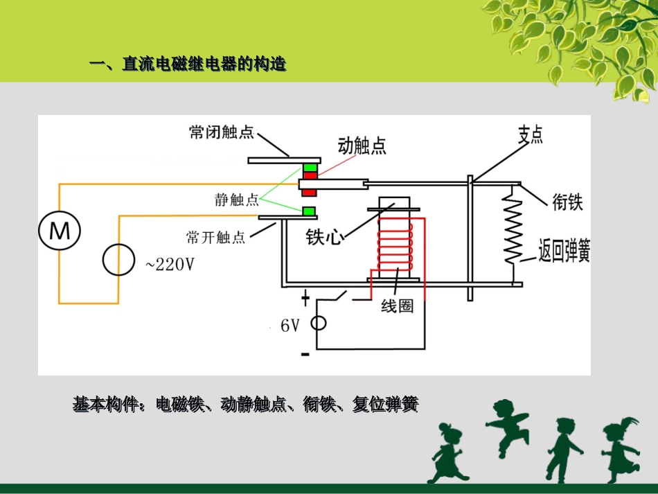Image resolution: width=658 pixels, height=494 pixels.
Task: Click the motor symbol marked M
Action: (x=60, y=230)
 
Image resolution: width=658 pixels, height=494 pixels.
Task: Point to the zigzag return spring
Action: (x=513, y=228)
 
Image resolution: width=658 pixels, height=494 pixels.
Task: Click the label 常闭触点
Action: (x=222, y=132)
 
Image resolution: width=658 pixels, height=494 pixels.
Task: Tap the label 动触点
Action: (x=362, y=145)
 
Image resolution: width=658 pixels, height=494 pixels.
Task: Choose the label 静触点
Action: (x=237, y=200)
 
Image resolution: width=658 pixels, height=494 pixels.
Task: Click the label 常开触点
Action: (x=216, y=238)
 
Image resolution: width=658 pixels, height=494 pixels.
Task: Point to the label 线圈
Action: (x=397, y=306)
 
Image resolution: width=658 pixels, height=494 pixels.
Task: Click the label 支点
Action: (x=530, y=134)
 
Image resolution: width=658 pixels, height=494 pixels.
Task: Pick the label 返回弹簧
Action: (x=564, y=250)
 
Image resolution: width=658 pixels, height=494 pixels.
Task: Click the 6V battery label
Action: (x=290, y=325)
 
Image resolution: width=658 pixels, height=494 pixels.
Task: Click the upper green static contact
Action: (x=309, y=168)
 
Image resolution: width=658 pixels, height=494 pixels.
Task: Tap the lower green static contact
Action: (x=309, y=211)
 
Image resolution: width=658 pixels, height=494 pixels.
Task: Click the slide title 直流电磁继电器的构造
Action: (x=204, y=65)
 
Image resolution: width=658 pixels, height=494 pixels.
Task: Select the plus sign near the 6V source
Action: (x=305, y=299)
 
